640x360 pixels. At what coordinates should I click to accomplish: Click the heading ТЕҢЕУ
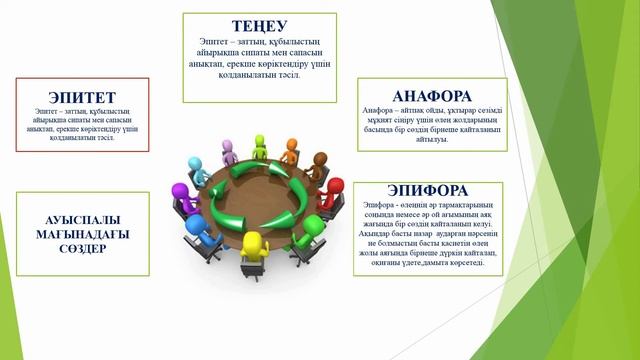tap(259, 26)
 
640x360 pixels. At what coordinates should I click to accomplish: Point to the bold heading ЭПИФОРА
tap(428, 189)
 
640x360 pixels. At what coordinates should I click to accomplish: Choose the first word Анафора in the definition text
tap(381, 111)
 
